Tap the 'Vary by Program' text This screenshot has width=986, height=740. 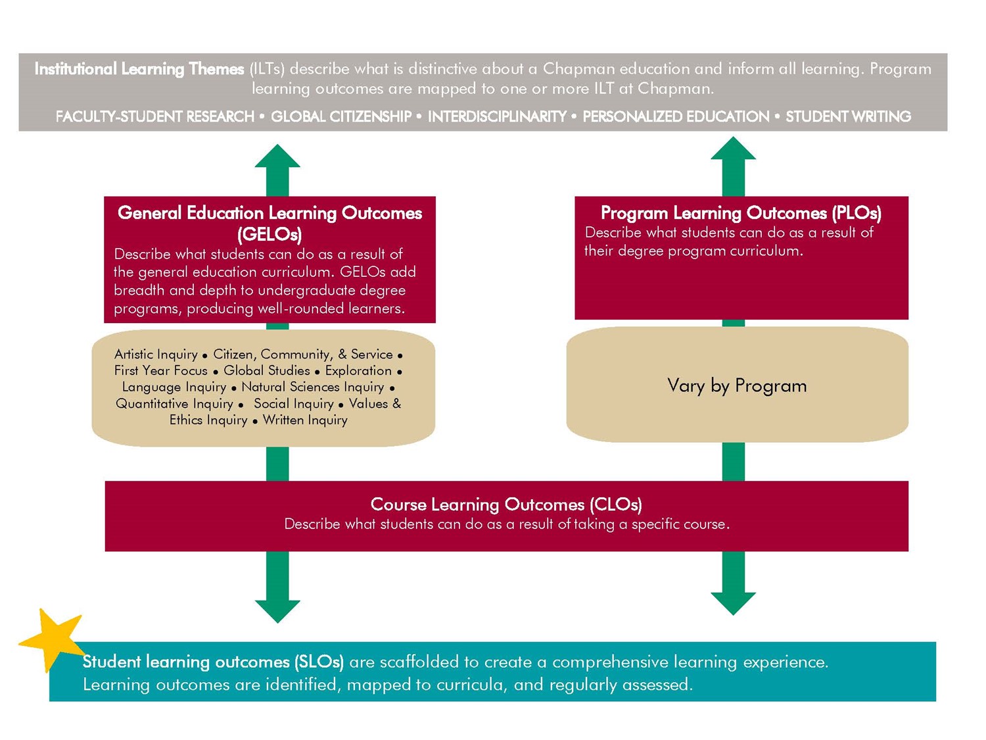click(x=736, y=385)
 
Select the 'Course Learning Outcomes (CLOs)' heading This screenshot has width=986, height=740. click(x=505, y=505)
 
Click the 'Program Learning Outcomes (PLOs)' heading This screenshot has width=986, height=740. click(x=741, y=213)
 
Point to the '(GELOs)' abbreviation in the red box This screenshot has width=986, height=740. click(x=270, y=234)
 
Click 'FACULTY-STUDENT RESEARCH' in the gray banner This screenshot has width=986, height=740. click(x=154, y=116)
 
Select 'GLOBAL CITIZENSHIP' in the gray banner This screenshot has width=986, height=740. click(x=341, y=116)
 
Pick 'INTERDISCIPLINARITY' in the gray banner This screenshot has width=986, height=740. click(x=497, y=116)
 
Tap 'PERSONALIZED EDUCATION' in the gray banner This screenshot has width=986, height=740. click(x=676, y=116)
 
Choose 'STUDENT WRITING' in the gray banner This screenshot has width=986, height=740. click(x=848, y=116)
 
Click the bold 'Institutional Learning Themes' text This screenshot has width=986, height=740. click(x=139, y=69)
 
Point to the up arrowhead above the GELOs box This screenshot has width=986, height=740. click(x=277, y=158)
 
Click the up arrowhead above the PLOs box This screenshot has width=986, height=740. click(x=733, y=150)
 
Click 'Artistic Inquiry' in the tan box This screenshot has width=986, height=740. click(x=156, y=355)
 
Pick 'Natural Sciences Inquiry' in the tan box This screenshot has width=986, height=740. click(x=312, y=387)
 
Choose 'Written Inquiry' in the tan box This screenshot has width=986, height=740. click(x=305, y=420)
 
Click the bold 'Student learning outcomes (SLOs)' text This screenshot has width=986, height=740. click(x=213, y=662)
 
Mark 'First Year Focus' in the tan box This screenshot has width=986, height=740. click(x=160, y=371)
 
